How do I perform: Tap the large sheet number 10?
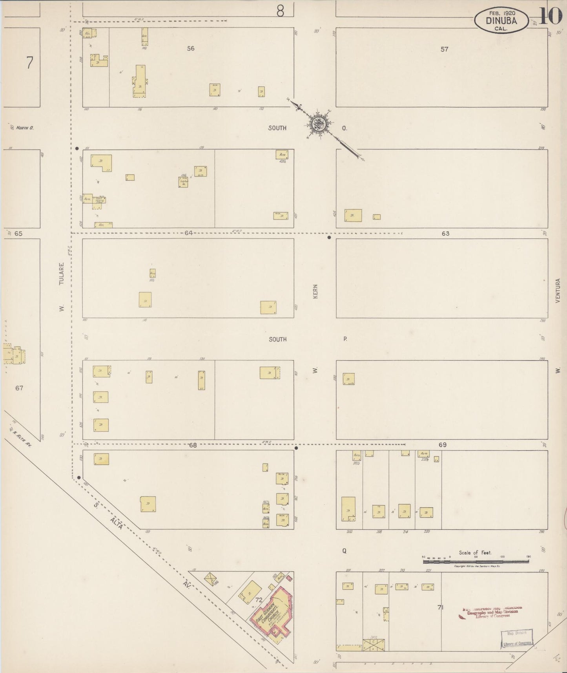coord(551,16)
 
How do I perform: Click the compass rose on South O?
coord(317,125)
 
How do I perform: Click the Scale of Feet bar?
coord(476,562)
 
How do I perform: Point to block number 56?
coord(191,48)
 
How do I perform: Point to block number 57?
coord(444,49)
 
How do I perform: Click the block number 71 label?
coord(440,607)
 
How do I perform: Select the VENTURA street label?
coord(558,291)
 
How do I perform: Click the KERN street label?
coord(315,291)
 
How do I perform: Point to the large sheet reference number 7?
coord(30,63)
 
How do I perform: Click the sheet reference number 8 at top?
coord(280,11)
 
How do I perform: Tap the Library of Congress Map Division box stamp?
coord(517,638)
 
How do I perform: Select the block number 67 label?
coord(19,388)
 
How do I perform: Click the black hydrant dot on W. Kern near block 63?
coord(329,238)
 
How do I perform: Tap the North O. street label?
coord(25,128)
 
